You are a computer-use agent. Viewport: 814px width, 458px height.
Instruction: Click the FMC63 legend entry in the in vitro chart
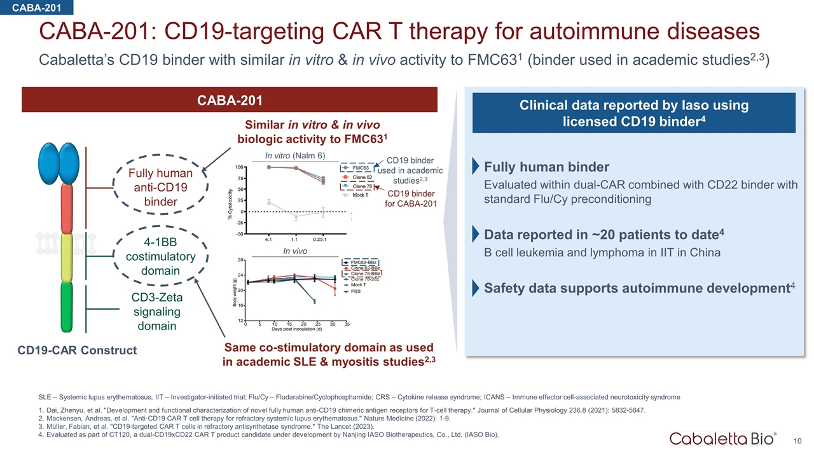coord(361,167)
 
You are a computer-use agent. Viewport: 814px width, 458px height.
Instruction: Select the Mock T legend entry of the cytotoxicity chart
coord(361,195)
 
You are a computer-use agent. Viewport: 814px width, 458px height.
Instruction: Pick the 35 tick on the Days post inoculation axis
coord(347,323)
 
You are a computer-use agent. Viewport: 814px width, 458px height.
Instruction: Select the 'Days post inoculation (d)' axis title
coord(296,329)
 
